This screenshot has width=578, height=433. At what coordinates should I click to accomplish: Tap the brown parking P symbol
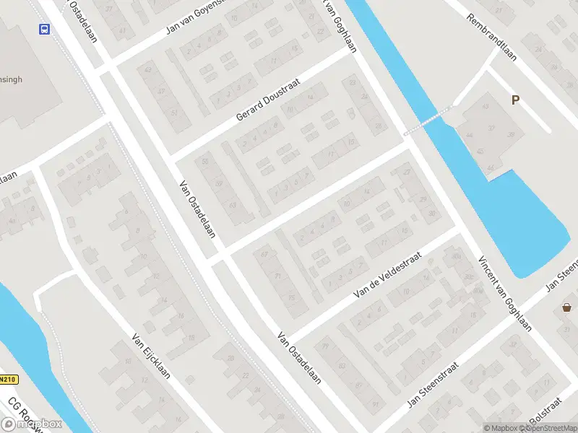[515, 100]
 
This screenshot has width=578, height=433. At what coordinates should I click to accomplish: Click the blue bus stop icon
[45, 30]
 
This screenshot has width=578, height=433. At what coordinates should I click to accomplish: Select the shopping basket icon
[567, 308]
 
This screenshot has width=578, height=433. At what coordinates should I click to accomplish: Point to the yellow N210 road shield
[8, 379]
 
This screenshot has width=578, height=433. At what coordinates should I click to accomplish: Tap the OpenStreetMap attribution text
[545, 428]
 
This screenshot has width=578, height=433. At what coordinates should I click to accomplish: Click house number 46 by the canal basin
[491, 168]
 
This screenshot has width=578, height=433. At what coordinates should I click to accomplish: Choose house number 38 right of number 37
[512, 135]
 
